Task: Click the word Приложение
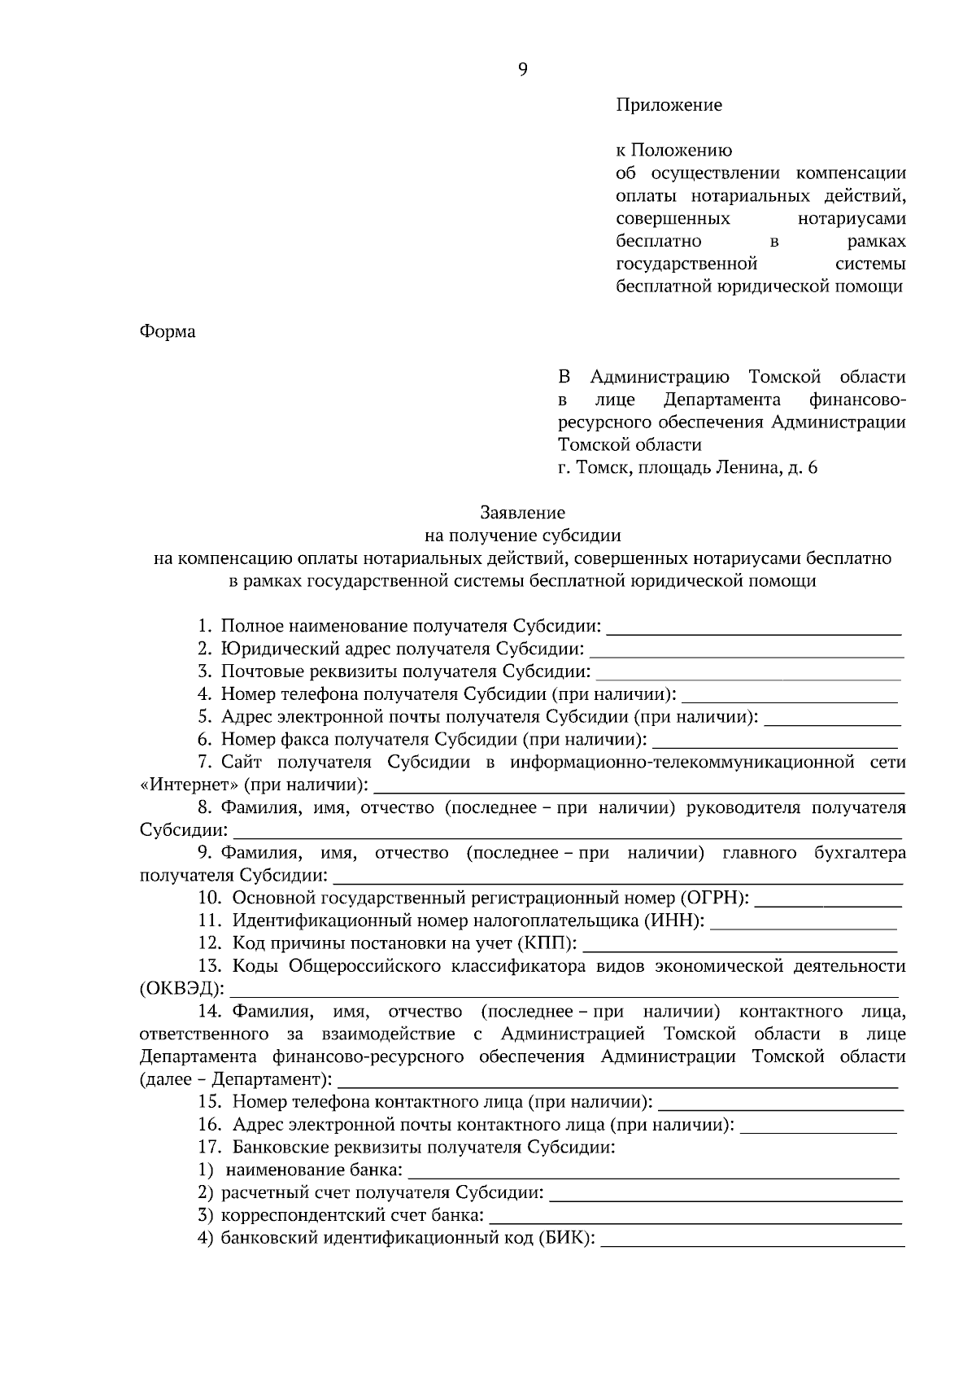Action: tap(669, 105)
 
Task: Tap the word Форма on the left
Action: tap(168, 332)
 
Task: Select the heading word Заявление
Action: tap(522, 513)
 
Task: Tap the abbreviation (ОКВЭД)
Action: tap(181, 989)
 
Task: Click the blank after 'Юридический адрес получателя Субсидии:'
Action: tap(747, 650)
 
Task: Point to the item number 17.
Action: tap(210, 1148)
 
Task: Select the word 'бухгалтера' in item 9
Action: tap(860, 853)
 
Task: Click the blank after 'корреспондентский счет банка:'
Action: tap(696, 1218)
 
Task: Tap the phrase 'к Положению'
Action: tap(674, 151)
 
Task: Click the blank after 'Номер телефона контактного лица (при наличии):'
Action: tap(780, 1104)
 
